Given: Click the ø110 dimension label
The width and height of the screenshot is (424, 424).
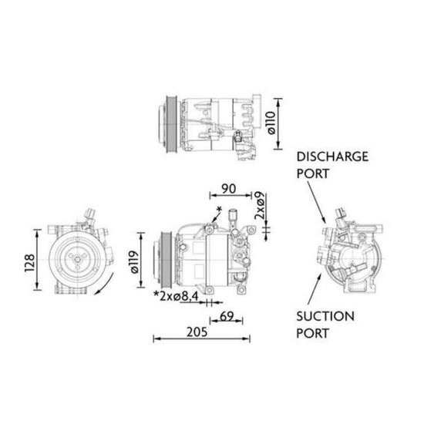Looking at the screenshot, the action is click(271, 123).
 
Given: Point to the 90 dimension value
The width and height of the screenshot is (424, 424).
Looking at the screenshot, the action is click(228, 189).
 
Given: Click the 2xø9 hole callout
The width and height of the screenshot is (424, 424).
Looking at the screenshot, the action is click(260, 205).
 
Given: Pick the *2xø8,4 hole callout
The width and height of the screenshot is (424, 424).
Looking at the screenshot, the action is click(176, 296).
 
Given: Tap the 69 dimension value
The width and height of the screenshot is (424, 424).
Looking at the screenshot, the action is click(227, 316).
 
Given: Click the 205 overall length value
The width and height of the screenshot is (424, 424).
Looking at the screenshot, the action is click(197, 332).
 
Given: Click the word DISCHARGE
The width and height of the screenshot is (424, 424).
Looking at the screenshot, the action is click(332, 156).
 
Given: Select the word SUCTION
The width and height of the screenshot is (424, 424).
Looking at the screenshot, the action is click(325, 316).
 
